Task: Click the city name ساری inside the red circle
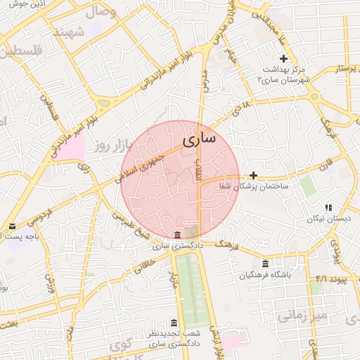click(200, 139)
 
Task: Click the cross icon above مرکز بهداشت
click(283, 58)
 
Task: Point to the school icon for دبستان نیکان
click(328, 207)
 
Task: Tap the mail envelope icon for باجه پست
click(12, 226)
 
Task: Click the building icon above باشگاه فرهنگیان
click(264, 264)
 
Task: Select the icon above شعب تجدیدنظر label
click(174, 323)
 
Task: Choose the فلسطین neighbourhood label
click(22, 52)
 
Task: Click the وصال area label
click(101, 12)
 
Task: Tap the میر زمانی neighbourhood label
click(302, 316)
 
